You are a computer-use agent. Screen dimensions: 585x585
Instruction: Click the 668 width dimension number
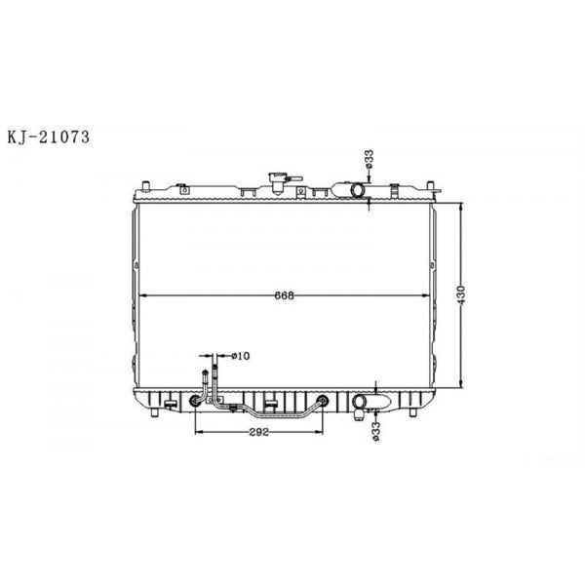(x=284, y=294)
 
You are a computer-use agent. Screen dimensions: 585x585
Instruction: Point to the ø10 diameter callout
(x=243, y=356)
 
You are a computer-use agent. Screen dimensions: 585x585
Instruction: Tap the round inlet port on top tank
(x=358, y=188)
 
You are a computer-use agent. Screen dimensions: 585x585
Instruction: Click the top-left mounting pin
(x=145, y=184)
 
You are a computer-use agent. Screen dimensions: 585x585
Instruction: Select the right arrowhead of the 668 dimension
(x=426, y=294)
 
